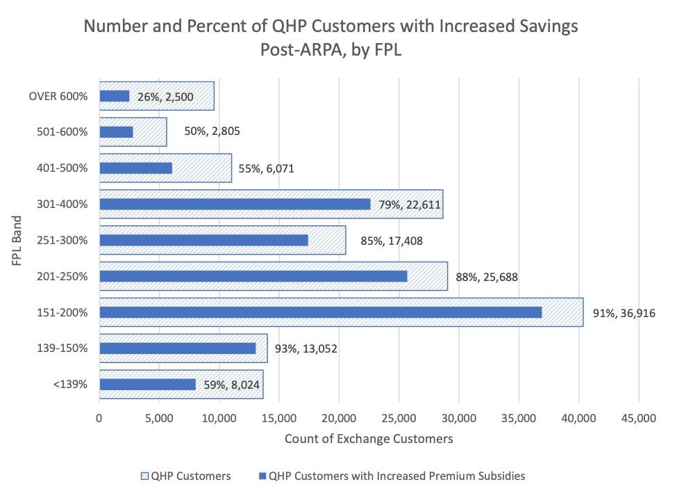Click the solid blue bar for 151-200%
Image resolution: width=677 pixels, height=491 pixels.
[320, 312]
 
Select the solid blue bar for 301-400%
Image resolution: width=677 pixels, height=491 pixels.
[235, 204]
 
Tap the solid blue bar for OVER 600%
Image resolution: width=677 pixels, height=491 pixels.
[115, 96]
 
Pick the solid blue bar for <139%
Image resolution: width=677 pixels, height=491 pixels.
[147, 385]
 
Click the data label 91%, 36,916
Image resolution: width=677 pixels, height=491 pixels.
[624, 313]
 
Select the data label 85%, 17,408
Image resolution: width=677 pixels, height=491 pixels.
[392, 241]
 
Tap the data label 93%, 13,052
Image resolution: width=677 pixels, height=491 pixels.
[306, 348]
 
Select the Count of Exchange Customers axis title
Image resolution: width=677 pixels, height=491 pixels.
[369, 439]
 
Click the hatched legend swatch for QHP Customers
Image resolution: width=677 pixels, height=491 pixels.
[144, 476]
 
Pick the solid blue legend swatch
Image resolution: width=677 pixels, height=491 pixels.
[262, 476]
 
